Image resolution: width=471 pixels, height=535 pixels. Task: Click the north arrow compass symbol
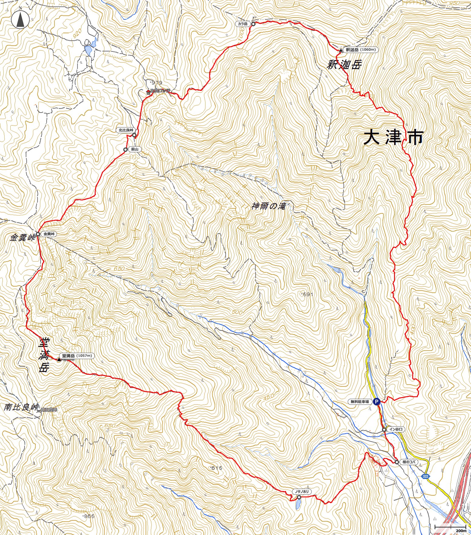pyautogui.click(x=20, y=19)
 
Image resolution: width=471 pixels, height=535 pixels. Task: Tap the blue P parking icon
pyautogui.click(x=376, y=401)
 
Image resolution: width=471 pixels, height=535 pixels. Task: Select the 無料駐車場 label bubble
pyautogui.click(x=360, y=402)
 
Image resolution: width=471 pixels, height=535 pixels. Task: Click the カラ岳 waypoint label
pyautogui.click(x=243, y=24)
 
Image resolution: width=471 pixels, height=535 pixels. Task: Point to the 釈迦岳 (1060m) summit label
pyautogui.click(x=360, y=50)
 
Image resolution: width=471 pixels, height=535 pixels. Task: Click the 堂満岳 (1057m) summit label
pyautogui.click(x=77, y=356)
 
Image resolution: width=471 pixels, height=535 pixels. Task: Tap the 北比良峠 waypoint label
pyautogui.click(x=126, y=130)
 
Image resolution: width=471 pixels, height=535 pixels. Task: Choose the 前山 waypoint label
pyautogui.click(x=134, y=149)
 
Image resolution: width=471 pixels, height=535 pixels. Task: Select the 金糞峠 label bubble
pyautogui.click(x=49, y=234)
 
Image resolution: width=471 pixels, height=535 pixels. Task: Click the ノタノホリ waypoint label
pyautogui.click(x=302, y=492)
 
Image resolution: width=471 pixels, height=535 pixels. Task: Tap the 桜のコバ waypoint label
pyautogui.click(x=409, y=462)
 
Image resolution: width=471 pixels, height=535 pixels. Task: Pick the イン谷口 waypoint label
pyautogui.click(x=396, y=429)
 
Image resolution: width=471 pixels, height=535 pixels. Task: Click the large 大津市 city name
pyautogui.click(x=393, y=137)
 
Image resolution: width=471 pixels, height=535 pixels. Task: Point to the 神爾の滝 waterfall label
pyautogui.click(x=269, y=206)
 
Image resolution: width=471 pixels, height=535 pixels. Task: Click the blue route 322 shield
pyautogui.click(x=426, y=476)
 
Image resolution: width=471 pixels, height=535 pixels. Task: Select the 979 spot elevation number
pyautogui.click(x=157, y=83)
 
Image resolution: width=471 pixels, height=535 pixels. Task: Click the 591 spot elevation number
pyautogui.click(x=307, y=294)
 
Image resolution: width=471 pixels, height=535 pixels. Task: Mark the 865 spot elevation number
pyautogui.click(x=89, y=516)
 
